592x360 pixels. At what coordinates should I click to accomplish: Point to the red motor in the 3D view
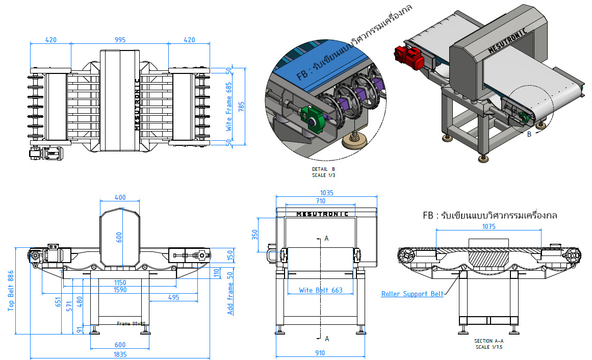[x=408, y=57]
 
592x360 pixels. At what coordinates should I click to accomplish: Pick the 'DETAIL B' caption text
[x=324, y=169]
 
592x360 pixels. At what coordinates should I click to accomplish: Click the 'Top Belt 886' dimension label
[x=10, y=291]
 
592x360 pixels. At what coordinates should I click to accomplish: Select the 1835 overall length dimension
[x=120, y=354]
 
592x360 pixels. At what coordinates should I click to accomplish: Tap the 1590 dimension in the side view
[x=120, y=290]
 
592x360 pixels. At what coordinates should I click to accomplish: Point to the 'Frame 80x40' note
[x=131, y=323]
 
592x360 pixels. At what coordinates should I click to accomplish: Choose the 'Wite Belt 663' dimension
[x=320, y=290]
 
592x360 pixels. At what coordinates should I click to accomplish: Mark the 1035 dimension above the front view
[x=326, y=193]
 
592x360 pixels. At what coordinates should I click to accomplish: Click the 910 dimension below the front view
[x=320, y=353]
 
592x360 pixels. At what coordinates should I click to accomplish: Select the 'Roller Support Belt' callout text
[x=412, y=294]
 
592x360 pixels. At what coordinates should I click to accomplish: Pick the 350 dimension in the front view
[x=255, y=235]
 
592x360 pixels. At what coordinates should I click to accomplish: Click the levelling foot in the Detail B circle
[x=353, y=141]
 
